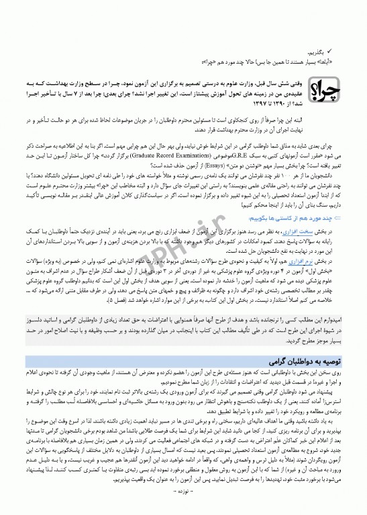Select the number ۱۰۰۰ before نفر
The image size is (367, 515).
tap(270, 183)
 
